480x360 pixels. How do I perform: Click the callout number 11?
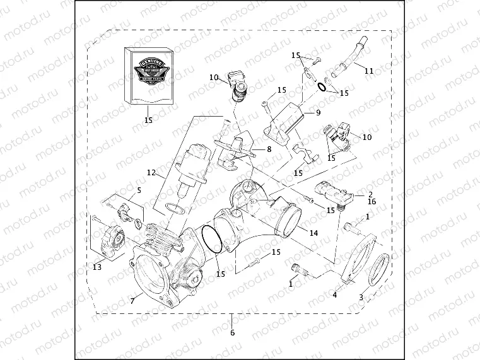369,71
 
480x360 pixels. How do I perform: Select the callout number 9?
319,113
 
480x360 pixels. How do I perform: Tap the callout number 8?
269,149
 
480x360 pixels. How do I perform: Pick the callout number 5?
139,189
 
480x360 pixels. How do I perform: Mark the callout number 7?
132,301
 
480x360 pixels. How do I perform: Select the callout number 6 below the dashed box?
232,333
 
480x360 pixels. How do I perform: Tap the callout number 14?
314,232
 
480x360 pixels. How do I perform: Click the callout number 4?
335,294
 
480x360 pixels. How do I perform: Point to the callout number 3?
361,297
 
